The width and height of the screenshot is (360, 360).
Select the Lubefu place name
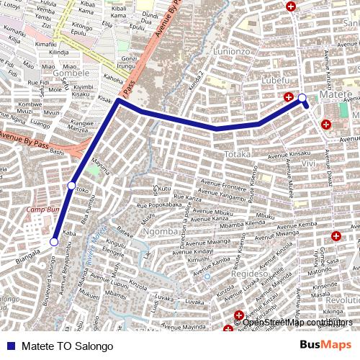(274, 79)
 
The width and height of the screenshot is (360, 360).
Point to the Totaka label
(237, 154)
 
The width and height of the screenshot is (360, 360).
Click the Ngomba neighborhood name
(160, 231)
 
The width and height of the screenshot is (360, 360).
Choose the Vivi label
(308, 163)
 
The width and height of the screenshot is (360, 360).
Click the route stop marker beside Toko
(71, 186)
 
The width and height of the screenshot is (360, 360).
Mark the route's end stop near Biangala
(53, 242)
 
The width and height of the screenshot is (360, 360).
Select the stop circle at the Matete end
(302, 98)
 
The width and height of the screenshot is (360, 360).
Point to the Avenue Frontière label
(222, 184)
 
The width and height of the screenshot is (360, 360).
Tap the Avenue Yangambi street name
(222, 196)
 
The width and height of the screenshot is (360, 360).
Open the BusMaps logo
(326, 346)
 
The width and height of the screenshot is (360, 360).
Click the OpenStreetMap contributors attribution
(297, 323)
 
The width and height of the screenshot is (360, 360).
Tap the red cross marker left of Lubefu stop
(289, 97)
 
